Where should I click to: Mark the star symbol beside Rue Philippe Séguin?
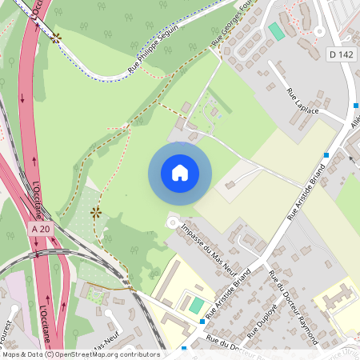click(x=55, y=37)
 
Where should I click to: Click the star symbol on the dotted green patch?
click(x=97, y=212)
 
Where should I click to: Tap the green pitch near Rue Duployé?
click(x=196, y=305)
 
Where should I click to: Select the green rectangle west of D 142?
click(x=276, y=30)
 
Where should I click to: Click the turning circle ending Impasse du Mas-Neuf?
click(x=171, y=222)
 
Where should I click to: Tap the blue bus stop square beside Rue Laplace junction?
click(x=326, y=154)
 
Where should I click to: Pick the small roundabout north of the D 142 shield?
click(x=319, y=32)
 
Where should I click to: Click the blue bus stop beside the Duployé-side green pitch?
click(x=202, y=322)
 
